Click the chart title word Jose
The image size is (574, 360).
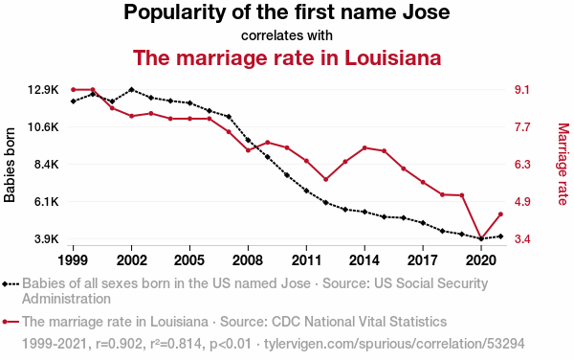426,12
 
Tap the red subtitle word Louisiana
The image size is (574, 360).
393,57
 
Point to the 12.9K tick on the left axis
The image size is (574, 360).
44,90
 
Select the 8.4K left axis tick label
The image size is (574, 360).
47,165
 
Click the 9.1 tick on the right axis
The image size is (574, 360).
522,90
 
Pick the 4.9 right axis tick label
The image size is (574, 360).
522,202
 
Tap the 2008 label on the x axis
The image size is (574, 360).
248,260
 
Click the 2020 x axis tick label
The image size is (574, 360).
481,260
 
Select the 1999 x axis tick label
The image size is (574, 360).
74,260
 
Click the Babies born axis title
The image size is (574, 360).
10,165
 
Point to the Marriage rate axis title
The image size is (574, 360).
563,164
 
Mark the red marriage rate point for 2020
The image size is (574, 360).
481,238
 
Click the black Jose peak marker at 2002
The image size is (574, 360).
131,90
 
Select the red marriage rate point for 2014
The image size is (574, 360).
364,148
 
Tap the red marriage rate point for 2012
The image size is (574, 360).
326,179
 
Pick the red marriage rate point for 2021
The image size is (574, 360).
500,214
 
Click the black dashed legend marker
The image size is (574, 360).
11,283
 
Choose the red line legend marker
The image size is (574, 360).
11,322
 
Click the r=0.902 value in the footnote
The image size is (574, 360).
119,344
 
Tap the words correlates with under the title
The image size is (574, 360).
287,35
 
